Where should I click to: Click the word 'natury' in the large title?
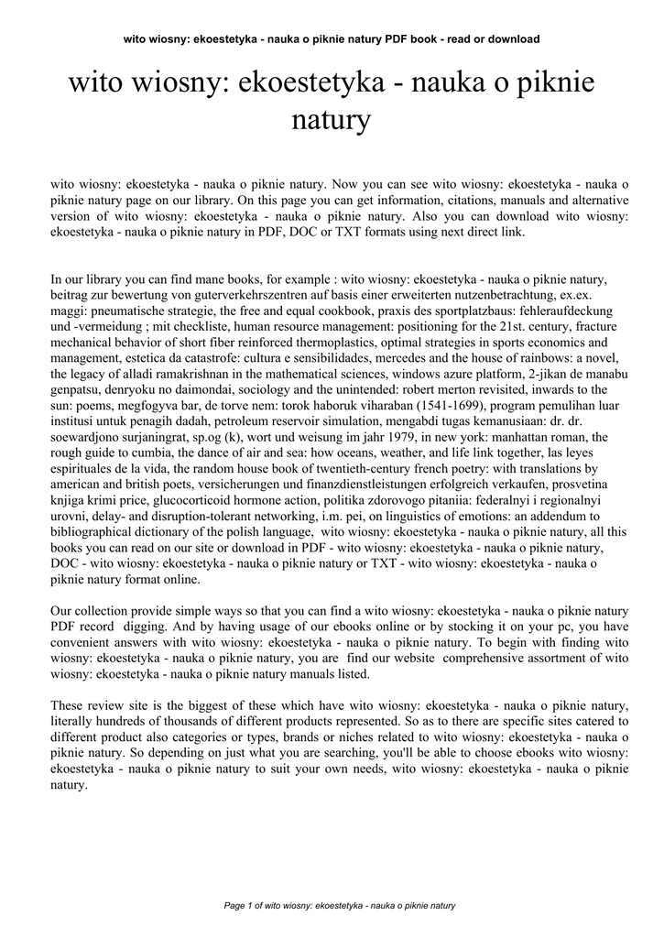click(332, 121)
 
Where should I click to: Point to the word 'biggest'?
click(193, 706)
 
